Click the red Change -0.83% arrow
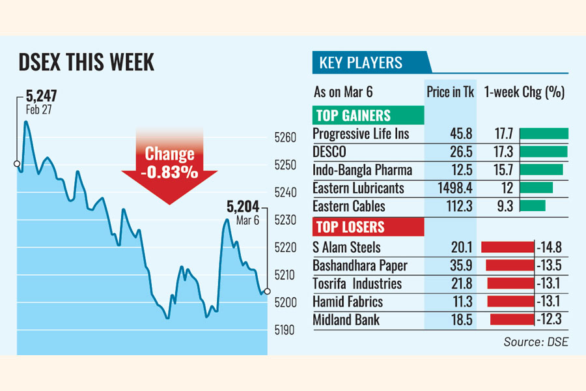pos(169,164)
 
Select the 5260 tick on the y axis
pos(286,138)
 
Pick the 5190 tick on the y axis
pos(286,330)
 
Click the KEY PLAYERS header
pos(361,63)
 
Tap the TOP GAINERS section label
pos(353,116)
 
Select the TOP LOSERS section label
pos(350,227)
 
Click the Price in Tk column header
pos(451,92)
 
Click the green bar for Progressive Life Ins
pos(544,134)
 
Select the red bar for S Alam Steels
pos(507,247)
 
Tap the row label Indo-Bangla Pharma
pos(362,170)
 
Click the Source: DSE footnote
pos(535,341)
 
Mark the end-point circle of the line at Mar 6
pos(267,291)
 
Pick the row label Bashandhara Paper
pos(360,265)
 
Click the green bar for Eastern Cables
pos(533,206)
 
